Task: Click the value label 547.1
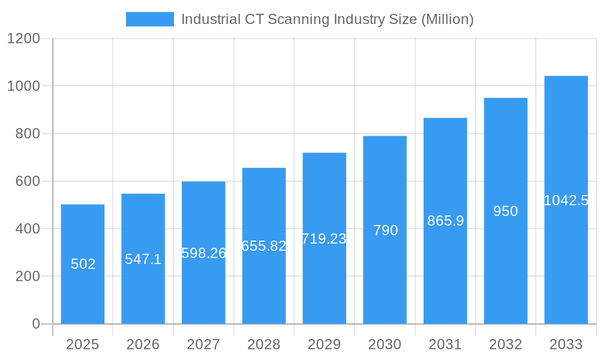coord(143,259)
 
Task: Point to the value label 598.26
coord(203,253)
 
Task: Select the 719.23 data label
coord(324,239)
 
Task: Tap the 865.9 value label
coord(445,221)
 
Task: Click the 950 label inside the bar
coord(505,211)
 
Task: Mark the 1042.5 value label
coord(566,200)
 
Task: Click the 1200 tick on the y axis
coord(23,38)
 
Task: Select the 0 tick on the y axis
coord(35,324)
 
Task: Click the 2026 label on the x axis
coord(143,344)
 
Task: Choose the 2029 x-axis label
coord(324,344)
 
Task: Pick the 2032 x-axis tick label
coord(505,344)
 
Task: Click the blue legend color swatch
coord(149,19)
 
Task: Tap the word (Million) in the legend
coord(447,19)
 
